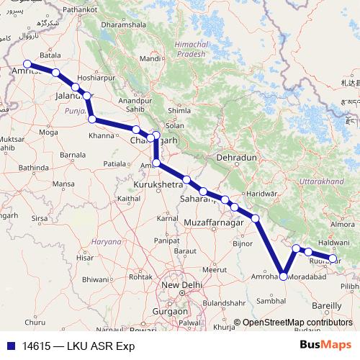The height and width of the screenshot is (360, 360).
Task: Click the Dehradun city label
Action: [235, 157]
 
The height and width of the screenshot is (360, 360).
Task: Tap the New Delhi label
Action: [180, 286]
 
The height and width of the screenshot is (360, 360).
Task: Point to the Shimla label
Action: [179, 110]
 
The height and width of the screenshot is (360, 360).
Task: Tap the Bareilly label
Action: [328, 306]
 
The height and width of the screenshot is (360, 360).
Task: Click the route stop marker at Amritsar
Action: [27, 63]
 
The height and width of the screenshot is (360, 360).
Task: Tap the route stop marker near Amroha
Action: [284, 276]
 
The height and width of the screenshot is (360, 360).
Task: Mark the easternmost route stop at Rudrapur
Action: [333, 258]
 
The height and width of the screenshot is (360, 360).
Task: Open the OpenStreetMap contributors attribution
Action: [297, 323]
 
